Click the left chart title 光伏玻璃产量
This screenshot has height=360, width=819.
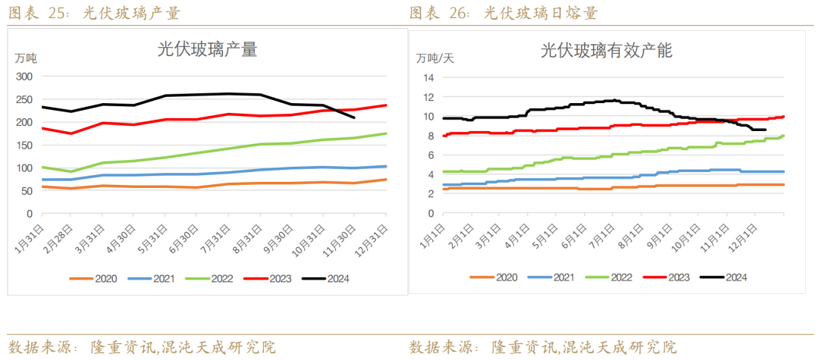[x=207, y=50]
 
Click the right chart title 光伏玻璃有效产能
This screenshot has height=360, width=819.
[x=607, y=51]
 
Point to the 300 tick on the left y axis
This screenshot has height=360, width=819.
[x=24, y=77]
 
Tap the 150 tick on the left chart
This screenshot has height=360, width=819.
[x=24, y=145]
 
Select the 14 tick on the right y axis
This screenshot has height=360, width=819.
[x=428, y=77]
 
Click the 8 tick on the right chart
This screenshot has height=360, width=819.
[x=430, y=136]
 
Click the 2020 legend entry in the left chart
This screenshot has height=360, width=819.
[x=96, y=278]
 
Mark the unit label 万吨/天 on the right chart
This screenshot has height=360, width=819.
[x=435, y=58]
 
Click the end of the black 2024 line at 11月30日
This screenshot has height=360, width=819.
[x=354, y=117]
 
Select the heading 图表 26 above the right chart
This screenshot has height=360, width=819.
[x=436, y=14]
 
